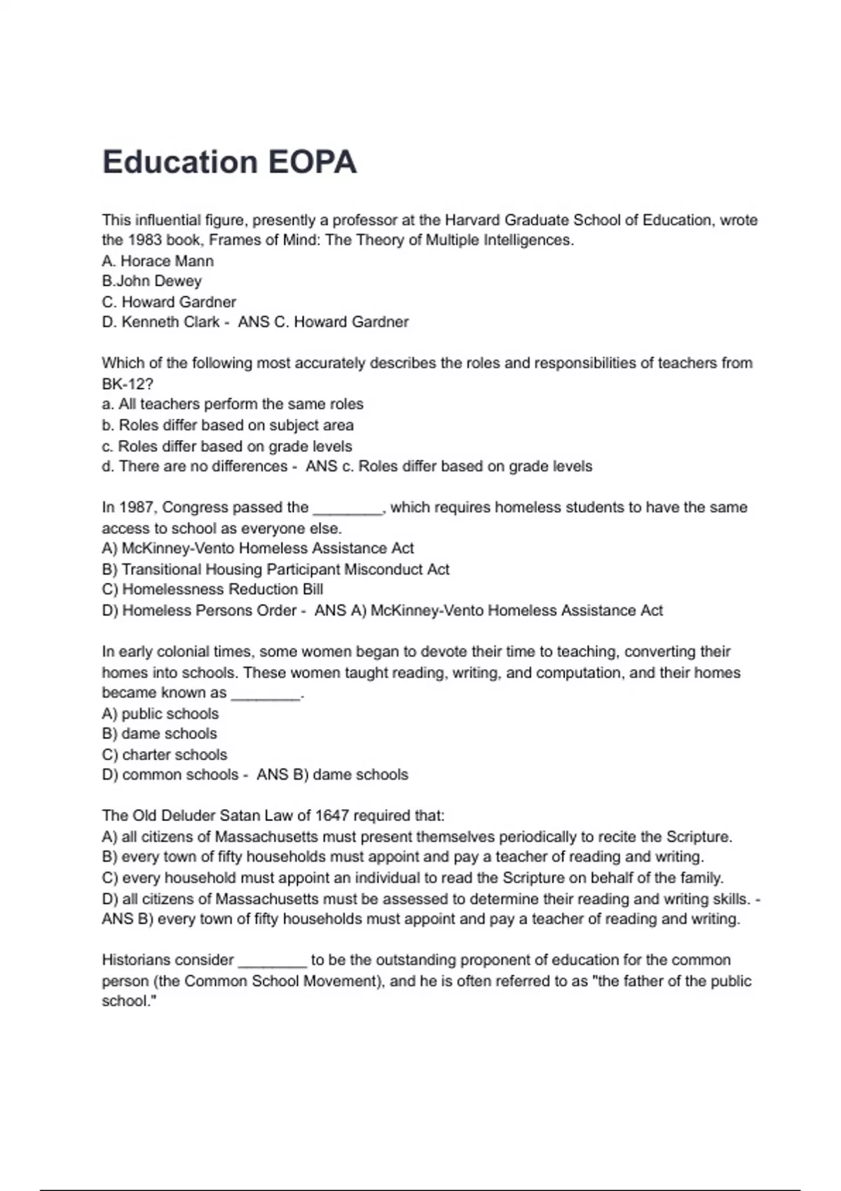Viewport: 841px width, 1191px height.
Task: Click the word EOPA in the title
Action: [x=313, y=162]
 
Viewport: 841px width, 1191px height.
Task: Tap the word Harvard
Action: [x=472, y=220]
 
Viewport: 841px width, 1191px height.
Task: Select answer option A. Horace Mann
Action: [x=158, y=261]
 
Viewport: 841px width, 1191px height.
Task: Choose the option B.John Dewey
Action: [x=151, y=281]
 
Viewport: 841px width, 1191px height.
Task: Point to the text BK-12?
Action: [x=127, y=384]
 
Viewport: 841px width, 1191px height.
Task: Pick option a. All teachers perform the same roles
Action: [x=233, y=404]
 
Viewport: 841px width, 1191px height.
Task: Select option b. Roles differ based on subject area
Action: [x=228, y=425]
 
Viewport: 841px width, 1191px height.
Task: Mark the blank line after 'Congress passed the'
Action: [x=348, y=510]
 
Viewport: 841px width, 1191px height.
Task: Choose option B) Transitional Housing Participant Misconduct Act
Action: [x=275, y=570]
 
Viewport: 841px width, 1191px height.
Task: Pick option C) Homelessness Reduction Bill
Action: [x=212, y=589]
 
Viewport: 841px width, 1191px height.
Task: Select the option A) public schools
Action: [x=160, y=714]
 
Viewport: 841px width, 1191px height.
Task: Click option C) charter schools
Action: [x=165, y=755]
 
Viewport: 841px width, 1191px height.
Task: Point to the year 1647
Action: [x=332, y=815]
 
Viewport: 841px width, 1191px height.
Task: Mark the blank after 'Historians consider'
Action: [x=273, y=963]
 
